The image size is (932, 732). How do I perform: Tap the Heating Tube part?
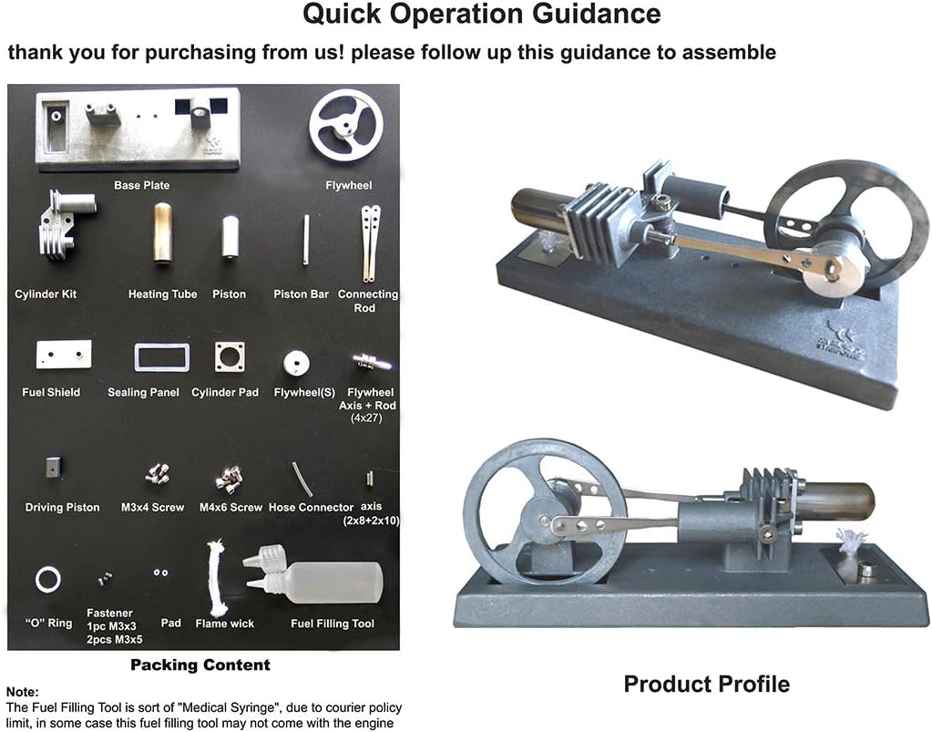coord(162,233)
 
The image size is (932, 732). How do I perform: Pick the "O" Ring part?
coord(48,578)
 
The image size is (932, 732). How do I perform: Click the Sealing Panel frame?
coord(161,356)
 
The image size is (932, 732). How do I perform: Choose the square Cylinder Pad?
coord(230,356)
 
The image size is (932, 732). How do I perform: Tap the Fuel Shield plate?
coord(63,354)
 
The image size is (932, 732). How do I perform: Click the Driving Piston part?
coord(52,469)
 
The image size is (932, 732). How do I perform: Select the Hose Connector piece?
coord(302,477)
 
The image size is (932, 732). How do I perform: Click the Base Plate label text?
coord(141,185)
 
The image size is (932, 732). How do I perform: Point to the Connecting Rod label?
coord(368,301)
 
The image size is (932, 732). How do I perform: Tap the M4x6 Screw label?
coord(230,507)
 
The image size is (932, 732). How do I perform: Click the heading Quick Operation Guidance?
coord(481,15)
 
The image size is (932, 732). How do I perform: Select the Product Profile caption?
coord(706,684)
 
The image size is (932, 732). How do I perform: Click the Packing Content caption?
coord(200,665)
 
